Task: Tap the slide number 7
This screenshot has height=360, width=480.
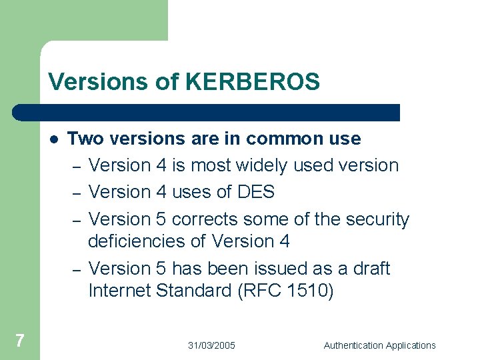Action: (19, 341)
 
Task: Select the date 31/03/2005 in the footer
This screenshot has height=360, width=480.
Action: (211, 345)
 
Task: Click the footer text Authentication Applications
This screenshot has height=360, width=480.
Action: (379, 345)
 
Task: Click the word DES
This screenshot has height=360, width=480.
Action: (256, 192)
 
